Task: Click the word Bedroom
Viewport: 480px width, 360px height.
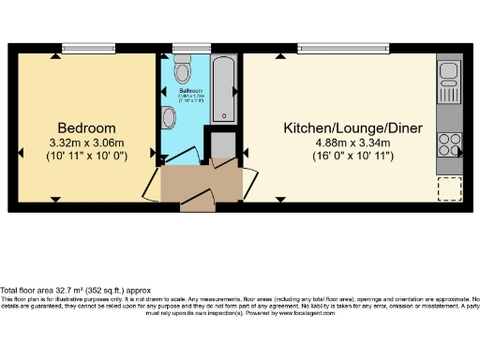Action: coord(86,127)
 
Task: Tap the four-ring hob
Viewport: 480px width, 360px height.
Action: coord(448,144)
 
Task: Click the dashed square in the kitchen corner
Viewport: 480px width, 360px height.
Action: coord(449,187)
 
